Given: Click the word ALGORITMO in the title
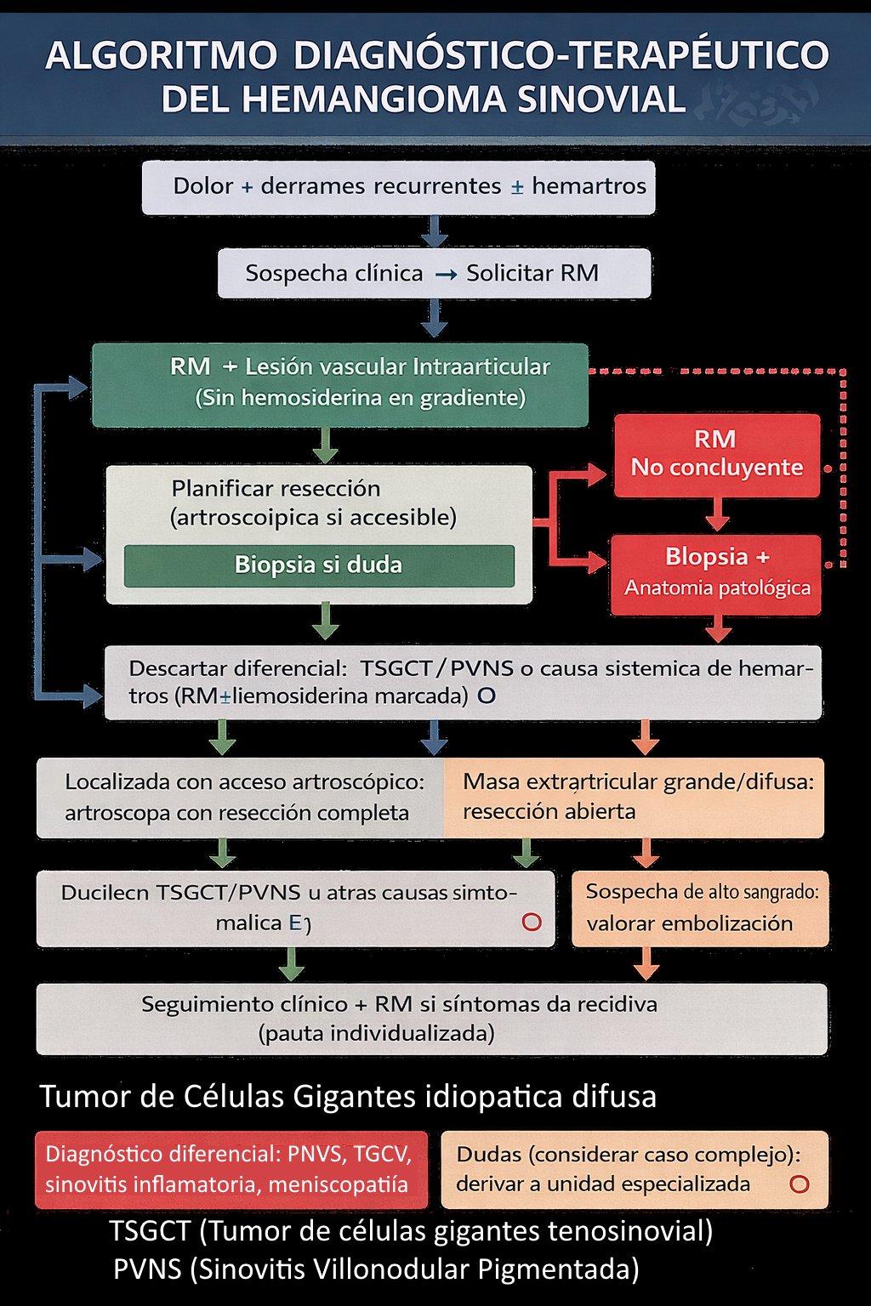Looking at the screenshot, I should click(x=162, y=56).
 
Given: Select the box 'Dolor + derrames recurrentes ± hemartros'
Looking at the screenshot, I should click(x=398, y=187).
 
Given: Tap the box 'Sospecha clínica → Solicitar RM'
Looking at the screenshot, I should click(x=434, y=273).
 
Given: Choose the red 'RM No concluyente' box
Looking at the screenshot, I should click(x=716, y=455).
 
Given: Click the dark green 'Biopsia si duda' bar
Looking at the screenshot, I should click(x=319, y=565).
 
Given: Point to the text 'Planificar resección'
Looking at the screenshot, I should click(x=276, y=488).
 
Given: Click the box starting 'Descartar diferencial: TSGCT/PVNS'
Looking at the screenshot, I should click(x=463, y=682).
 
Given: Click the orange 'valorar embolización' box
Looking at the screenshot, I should click(x=699, y=908).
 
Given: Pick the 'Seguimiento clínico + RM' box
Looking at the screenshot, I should click(x=431, y=1019).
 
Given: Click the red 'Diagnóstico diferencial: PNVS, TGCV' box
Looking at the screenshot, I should click(x=231, y=1169).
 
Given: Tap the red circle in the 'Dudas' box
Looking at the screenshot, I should click(x=799, y=1184).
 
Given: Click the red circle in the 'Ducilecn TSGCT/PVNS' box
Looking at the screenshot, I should click(x=532, y=923).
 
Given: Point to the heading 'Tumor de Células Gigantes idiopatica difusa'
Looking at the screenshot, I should click(x=348, y=1097).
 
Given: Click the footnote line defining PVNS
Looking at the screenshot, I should click(x=376, y=1269).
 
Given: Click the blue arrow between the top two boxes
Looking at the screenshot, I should click(x=435, y=230).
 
